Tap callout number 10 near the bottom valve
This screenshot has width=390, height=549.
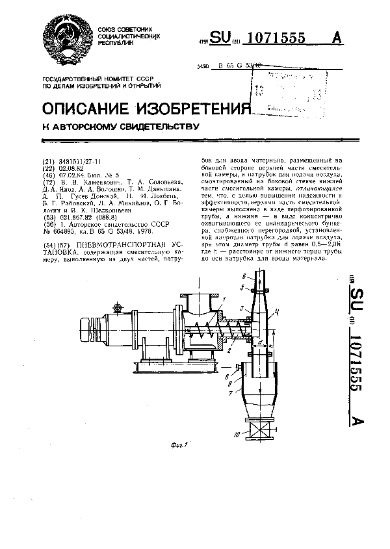237,433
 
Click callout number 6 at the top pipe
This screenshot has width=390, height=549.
244,276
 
